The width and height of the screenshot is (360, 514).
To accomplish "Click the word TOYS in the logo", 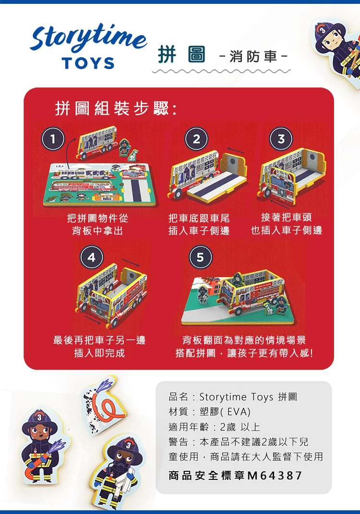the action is [88, 63].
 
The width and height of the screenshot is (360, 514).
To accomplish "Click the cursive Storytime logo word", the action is [88, 37].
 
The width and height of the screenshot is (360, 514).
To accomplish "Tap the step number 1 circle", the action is [53, 139].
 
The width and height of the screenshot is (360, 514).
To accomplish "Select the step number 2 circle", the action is [196, 139].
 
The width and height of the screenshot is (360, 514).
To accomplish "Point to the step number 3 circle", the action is [281, 139].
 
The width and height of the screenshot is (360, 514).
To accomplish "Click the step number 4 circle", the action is [92, 257].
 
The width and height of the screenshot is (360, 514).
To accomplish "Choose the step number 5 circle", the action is [200, 257].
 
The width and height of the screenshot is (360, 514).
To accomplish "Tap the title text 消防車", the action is [253, 57].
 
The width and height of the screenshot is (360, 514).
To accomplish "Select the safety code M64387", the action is [275, 475].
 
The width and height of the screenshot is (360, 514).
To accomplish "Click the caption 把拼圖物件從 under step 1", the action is [98, 218].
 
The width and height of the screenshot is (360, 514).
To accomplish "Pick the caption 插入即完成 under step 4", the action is [100, 353].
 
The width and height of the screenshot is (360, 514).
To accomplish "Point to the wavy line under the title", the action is [221, 71].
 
